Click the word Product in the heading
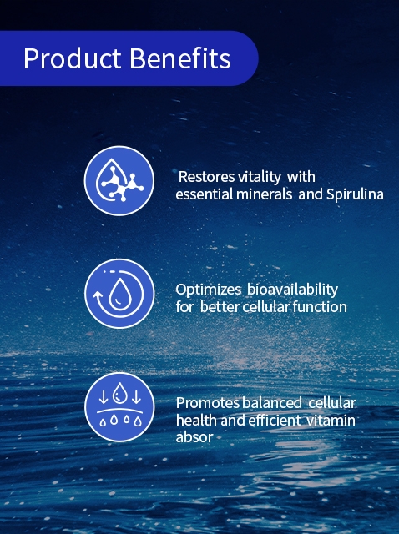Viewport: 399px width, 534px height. [x=73, y=58]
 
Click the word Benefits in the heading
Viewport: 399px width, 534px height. [x=180, y=58]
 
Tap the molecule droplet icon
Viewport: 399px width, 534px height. [x=119, y=180]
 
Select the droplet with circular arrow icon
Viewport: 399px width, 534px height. [x=119, y=294]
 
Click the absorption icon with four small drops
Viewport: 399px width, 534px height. [x=119, y=407]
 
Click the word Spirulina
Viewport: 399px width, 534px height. [x=355, y=194]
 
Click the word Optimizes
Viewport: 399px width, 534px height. [x=208, y=290]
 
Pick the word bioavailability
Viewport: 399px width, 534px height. [x=292, y=290]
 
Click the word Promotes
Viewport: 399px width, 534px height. [x=208, y=403]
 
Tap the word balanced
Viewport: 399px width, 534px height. [x=272, y=403]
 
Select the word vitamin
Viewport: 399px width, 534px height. [x=331, y=421]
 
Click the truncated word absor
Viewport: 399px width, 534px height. [x=194, y=437]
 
